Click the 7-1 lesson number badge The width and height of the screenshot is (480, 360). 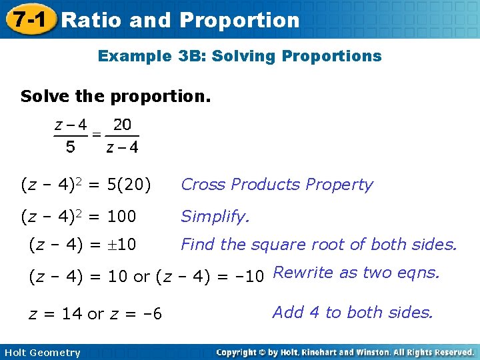[x=28, y=20]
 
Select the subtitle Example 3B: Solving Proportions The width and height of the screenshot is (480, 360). [x=239, y=56]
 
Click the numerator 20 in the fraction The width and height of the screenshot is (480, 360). [x=122, y=125]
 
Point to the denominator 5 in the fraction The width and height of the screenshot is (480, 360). [x=70, y=147]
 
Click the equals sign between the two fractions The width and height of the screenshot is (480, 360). [x=97, y=135]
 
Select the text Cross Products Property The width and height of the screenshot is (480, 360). [x=277, y=185]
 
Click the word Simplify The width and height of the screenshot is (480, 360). [x=215, y=216]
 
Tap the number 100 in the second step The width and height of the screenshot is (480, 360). [x=121, y=216]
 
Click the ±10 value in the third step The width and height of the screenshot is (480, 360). [x=120, y=245]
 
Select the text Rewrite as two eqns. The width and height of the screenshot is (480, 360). [x=356, y=272]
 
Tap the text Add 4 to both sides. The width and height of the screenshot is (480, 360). [x=352, y=312]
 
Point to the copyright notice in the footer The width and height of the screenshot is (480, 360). [x=345, y=352]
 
